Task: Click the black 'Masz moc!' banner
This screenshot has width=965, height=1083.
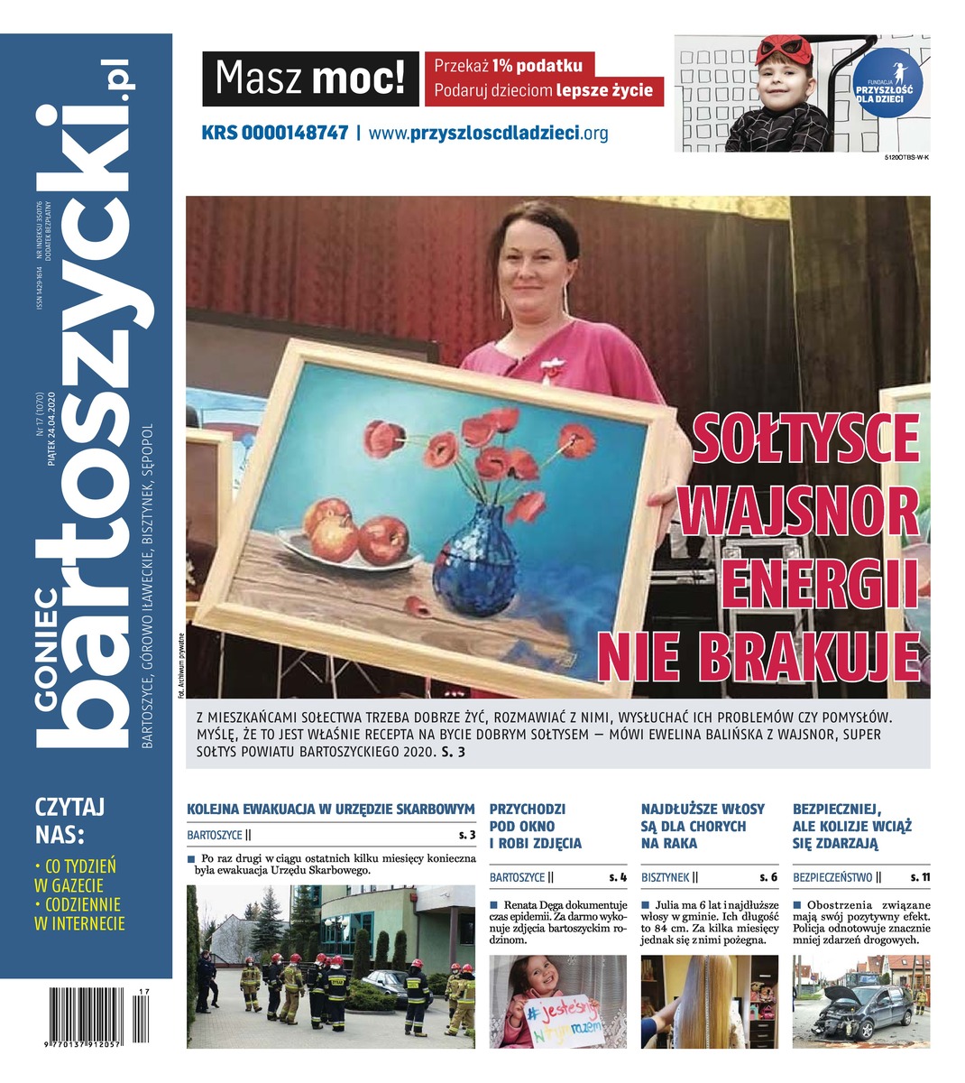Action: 310,79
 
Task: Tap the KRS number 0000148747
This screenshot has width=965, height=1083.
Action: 275,133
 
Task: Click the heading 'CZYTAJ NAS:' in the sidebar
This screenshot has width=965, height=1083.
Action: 69,819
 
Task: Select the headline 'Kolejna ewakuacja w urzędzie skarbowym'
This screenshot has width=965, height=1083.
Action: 330,809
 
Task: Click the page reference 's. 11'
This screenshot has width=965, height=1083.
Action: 920,876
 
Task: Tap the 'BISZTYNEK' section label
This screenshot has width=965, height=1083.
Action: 666,876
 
